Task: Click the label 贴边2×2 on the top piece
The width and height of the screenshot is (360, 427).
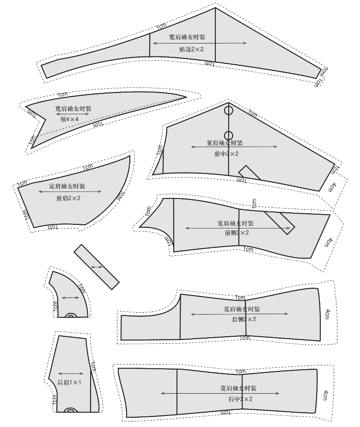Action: [x=191, y=50]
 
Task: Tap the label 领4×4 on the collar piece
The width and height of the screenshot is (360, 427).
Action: [x=69, y=119]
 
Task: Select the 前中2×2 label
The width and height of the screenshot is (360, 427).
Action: [x=226, y=154]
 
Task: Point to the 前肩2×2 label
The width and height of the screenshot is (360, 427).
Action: [x=68, y=198]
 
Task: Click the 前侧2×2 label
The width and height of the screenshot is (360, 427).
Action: [x=237, y=233]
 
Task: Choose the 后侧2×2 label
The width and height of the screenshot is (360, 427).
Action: [x=244, y=319]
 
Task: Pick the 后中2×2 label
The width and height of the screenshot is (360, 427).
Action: [x=240, y=399]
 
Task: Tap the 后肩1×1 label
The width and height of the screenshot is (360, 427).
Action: [x=69, y=383]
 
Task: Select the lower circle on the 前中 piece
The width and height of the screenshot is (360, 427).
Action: [x=229, y=136]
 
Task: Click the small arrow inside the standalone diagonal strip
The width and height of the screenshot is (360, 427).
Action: [x=97, y=267]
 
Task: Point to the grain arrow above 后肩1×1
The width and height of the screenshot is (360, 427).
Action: [x=71, y=374]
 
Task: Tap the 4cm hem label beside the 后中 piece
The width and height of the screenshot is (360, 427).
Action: [x=326, y=395]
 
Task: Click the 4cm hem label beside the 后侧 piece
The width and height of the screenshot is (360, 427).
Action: [x=327, y=314]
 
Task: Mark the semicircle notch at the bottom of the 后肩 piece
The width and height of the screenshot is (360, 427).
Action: [x=71, y=410]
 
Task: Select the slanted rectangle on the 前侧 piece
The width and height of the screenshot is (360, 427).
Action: [x=280, y=223]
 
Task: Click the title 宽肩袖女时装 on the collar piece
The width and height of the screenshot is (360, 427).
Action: [x=73, y=109]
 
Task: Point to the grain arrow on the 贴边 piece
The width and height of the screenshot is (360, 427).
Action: [x=200, y=43]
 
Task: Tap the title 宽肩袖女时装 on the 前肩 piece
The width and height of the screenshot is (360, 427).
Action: [x=67, y=186]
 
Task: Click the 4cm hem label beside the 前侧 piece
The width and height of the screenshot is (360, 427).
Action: [x=329, y=242]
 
